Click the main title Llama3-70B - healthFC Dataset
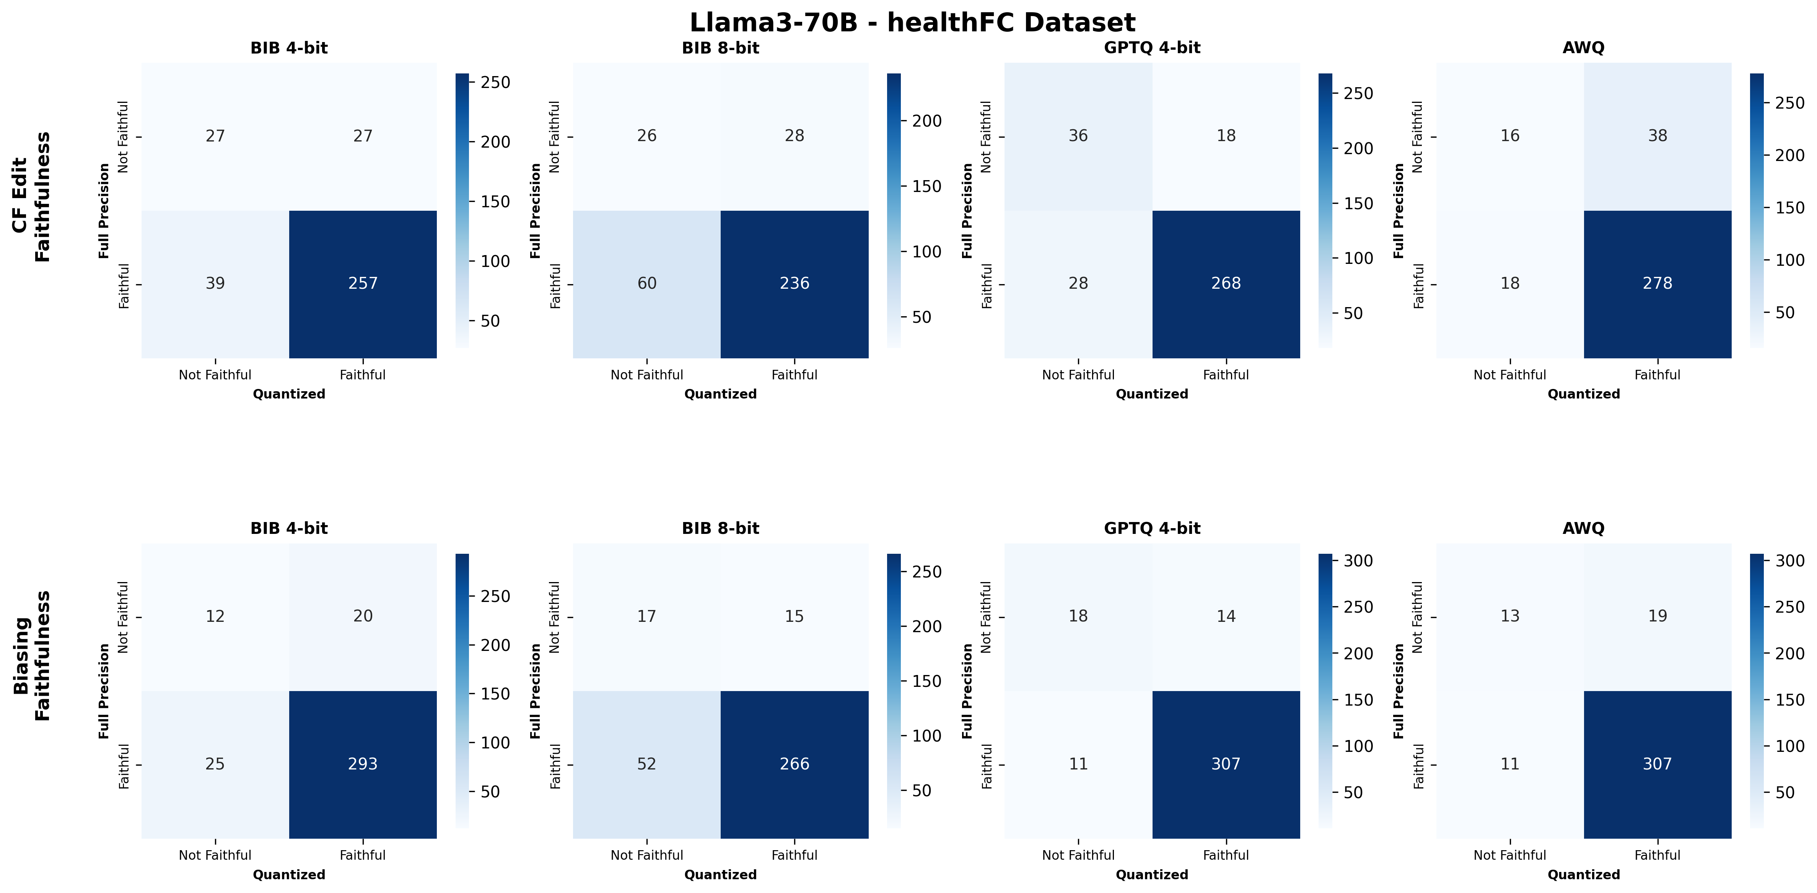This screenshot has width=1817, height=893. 912,23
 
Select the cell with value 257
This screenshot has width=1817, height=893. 363,283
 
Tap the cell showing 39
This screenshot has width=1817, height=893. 215,283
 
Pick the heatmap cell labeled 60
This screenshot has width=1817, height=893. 647,283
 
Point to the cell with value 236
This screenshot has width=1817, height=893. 794,283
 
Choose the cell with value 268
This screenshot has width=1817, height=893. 1226,283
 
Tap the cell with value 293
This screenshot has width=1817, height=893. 363,764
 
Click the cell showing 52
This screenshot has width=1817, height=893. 647,764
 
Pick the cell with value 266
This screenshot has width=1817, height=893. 794,764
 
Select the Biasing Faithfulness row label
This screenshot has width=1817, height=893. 32,655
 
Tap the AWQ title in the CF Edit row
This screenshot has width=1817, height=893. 1584,48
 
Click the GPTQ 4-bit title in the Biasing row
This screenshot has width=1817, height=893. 1152,528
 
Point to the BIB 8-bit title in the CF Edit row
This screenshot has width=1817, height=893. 720,48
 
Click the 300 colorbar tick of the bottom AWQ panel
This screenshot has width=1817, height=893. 1789,561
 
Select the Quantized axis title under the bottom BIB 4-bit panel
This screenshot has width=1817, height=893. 289,875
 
